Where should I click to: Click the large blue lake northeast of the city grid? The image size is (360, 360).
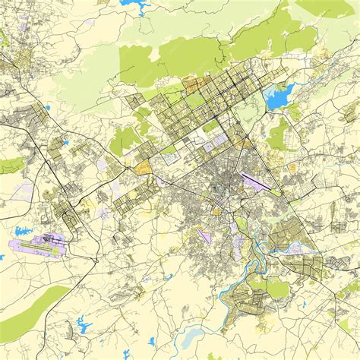click(279, 96)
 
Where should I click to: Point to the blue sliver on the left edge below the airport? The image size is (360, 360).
click(2, 257)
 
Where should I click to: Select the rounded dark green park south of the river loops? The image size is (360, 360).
click(276, 289)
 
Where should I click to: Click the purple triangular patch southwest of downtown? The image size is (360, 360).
click(204, 235)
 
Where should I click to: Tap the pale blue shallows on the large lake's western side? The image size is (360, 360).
click(269, 99)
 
